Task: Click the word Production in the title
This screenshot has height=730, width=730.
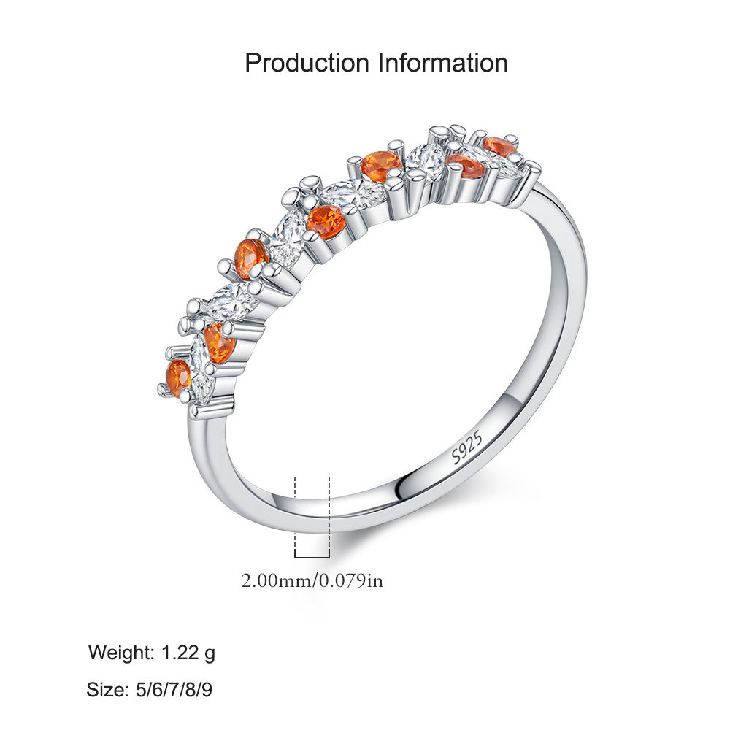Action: click(x=307, y=63)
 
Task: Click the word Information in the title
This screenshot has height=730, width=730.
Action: click(x=443, y=63)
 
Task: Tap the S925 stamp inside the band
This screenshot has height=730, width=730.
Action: click(x=467, y=447)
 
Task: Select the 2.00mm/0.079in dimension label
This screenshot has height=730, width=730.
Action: click(x=312, y=581)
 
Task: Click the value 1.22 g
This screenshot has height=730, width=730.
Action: click(x=188, y=653)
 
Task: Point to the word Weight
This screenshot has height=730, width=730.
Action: click(x=121, y=653)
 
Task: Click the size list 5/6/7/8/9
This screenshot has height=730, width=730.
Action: click(x=174, y=690)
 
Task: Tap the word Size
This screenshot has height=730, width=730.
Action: click(x=107, y=690)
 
